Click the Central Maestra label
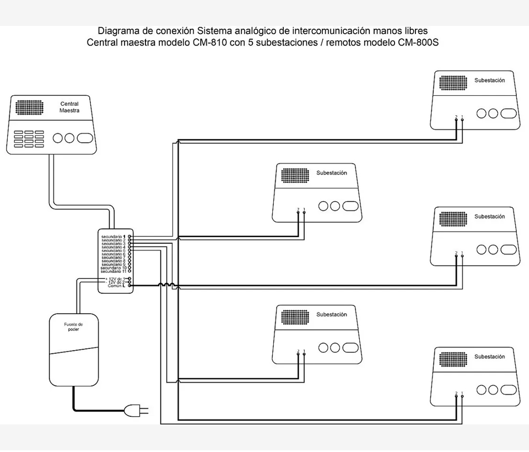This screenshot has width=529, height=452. (x=69, y=107)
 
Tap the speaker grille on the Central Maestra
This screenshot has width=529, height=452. (x=29, y=107)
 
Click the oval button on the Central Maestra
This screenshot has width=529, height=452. (x=86, y=138)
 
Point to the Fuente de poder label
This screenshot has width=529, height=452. (x=73, y=327)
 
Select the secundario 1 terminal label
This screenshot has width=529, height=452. (x=114, y=236)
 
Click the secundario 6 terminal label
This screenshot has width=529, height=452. (x=114, y=254)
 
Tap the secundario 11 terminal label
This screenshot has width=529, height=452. (x=114, y=272)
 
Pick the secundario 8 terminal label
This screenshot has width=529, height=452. (x=114, y=261)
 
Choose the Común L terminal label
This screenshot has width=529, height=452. (x=116, y=286)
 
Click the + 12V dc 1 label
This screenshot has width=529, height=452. (x=115, y=279)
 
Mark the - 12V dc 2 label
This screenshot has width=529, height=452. (x=115, y=282)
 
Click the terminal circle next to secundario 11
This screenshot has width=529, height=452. (x=129, y=272)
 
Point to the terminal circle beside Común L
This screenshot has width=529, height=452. (x=129, y=286)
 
